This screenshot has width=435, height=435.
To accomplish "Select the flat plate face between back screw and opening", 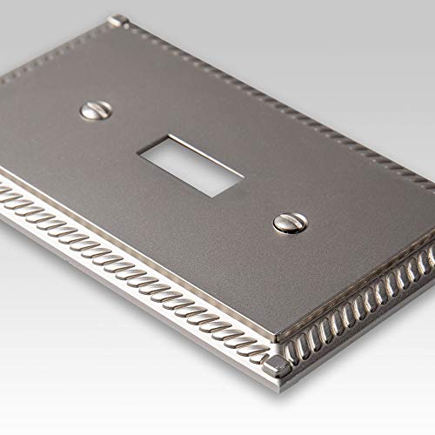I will [x=139, y=130].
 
